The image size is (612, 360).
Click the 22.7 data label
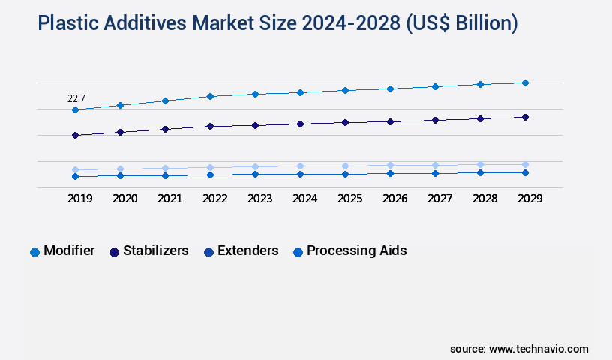tap(76, 98)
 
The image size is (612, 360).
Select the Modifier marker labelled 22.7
tap(75, 110)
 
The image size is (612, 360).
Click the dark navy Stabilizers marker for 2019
tap(75, 136)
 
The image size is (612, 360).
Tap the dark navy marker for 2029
tap(525, 117)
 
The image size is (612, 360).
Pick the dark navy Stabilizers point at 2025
tap(345, 122)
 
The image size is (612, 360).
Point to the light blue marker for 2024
tap(300, 166)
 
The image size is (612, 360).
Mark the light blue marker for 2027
tap(435, 165)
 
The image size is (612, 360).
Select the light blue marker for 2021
tap(165, 169)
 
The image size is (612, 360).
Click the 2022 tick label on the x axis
tap(214, 199)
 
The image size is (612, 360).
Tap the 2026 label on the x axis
tap(394, 199)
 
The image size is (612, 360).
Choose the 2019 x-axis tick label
tap(79, 199)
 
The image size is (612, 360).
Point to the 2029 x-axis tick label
tap(529, 199)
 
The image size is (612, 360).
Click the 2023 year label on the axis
tap(259, 199)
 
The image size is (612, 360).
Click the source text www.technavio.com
tap(538, 349)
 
